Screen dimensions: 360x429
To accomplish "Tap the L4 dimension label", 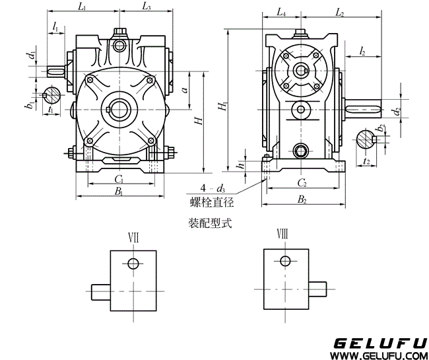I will click(280, 13).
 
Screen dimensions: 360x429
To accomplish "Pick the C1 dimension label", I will click(119, 180).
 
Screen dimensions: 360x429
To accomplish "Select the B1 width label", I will click(119, 192).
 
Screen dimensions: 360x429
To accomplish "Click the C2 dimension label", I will click(301, 182).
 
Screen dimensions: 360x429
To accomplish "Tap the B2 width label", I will click(301, 198).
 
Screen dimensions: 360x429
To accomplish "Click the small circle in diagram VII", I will click(133, 264).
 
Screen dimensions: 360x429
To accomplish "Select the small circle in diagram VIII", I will click(285, 260).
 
